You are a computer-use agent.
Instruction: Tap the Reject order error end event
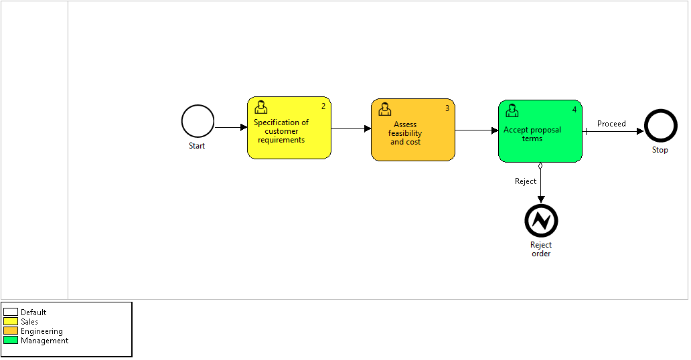[541, 221]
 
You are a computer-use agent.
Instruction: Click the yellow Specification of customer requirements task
[289, 128]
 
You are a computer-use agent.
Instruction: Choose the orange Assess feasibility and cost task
[413, 130]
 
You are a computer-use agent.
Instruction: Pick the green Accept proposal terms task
[540, 131]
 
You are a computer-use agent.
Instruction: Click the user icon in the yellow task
[261, 107]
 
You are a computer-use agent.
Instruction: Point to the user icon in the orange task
[385, 109]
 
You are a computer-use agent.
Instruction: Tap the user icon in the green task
[512, 110]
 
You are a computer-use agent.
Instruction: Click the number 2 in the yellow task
[323, 106]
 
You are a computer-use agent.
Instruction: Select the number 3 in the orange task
[447, 108]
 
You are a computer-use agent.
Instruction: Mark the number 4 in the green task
[574, 110]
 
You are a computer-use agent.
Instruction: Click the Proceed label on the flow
[611, 124]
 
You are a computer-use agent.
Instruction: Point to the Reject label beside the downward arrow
[526, 181]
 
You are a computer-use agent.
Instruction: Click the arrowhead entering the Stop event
[640, 131]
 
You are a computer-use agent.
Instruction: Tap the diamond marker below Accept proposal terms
[540, 166]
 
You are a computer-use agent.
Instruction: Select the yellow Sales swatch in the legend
[11, 322]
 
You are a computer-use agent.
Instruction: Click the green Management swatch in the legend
[11, 341]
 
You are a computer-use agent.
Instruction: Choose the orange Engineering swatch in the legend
[11, 331]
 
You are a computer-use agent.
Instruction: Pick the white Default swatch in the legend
[11, 312]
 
